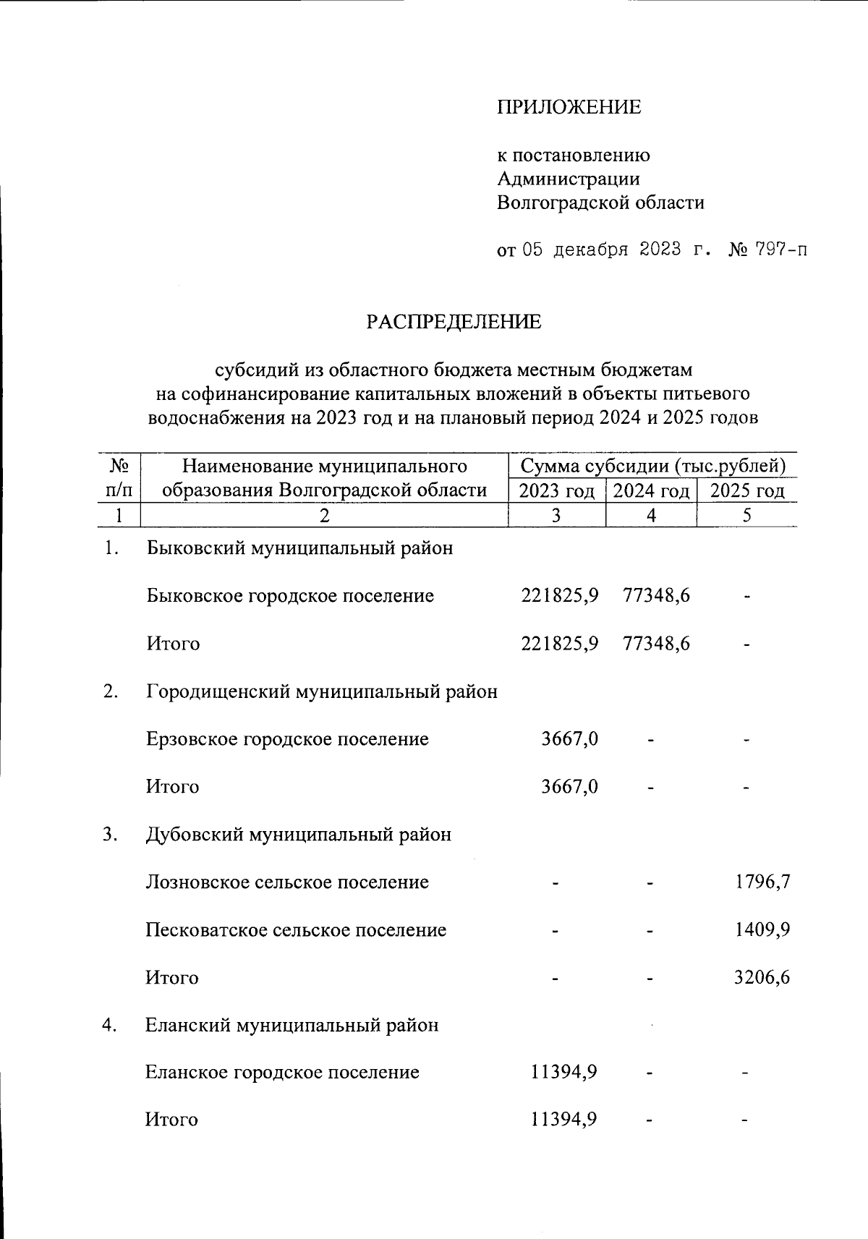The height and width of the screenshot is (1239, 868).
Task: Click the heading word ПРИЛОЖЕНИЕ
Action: [x=569, y=107]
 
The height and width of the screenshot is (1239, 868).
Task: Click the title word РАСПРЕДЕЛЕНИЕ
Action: [x=453, y=322]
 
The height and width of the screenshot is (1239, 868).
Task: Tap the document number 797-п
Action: [x=780, y=250]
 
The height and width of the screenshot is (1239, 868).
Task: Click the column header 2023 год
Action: [x=557, y=491]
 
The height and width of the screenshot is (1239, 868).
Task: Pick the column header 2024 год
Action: [x=651, y=491]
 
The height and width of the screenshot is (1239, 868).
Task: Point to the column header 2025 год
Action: [x=746, y=491]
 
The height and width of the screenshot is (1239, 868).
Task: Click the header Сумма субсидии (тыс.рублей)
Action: [x=652, y=465]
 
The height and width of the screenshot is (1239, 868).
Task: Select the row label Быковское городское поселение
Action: [x=289, y=595]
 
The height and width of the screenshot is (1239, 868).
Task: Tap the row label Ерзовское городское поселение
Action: [x=287, y=738]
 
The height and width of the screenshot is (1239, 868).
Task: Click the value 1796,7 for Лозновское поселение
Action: [x=762, y=882]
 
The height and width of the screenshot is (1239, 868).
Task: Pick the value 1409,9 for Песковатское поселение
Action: [x=762, y=929]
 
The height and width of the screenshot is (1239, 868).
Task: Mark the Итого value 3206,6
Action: [x=762, y=977]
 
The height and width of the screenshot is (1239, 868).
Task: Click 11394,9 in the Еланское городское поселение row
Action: [x=563, y=1071]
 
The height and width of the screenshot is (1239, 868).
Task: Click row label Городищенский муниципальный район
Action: [x=321, y=691]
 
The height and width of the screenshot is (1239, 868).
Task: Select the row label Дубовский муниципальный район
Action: [x=298, y=834]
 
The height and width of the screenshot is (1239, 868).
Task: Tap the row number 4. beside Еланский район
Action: [x=110, y=1025]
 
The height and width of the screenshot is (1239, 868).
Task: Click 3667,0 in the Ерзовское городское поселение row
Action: [x=569, y=738]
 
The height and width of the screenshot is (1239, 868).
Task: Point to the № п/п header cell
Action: [x=118, y=477]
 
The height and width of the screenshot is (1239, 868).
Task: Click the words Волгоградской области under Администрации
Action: [x=600, y=203]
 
